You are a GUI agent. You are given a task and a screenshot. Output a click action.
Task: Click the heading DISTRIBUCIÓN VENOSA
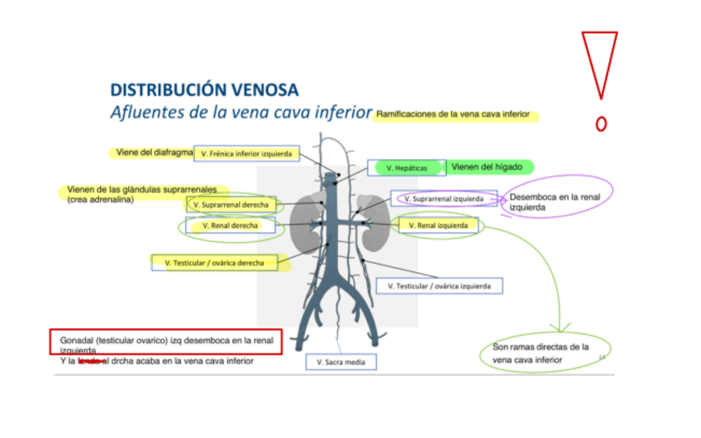point(204,89)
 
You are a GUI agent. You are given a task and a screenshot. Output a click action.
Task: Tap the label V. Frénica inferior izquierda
point(246,154)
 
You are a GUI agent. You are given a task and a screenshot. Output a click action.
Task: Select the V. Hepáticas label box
point(407,168)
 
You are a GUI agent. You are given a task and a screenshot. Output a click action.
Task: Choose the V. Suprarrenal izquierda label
point(444,198)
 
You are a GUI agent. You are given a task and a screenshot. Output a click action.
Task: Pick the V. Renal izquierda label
point(438,225)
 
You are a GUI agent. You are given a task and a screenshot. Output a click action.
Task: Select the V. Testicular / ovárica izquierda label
point(439,286)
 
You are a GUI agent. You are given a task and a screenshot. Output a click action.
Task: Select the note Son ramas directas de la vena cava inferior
point(545,354)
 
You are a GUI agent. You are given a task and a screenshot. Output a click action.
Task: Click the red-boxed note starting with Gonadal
point(165,342)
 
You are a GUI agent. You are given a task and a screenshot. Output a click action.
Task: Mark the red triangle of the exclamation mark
point(599,62)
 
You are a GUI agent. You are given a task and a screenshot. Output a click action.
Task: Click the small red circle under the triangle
point(601,124)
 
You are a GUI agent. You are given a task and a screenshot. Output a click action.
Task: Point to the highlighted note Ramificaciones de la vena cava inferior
point(455,115)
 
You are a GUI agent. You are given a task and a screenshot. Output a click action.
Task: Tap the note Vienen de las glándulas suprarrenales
point(141,194)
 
